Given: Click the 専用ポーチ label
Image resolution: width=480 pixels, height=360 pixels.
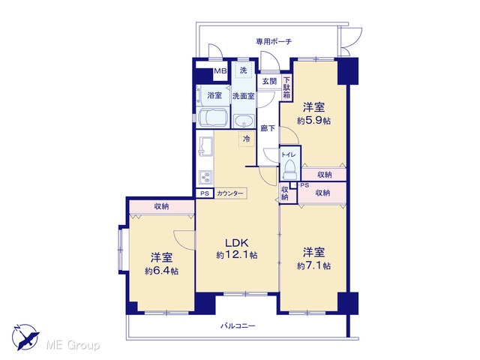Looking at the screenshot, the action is click(274, 41).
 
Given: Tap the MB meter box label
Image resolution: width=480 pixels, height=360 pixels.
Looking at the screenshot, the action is click(220, 71).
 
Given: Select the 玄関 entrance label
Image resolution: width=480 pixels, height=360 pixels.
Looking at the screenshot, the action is click(269, 81).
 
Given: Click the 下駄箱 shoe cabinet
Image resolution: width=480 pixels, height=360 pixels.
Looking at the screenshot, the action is click(286, 88).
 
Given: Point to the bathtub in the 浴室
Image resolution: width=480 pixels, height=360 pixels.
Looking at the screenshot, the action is click(213, 117).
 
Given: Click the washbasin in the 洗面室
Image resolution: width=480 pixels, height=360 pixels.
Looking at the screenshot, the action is click(244, 121).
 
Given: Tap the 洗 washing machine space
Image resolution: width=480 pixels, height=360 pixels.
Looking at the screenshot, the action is click(243, 70).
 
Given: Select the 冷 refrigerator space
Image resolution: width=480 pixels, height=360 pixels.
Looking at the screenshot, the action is click(247, 139).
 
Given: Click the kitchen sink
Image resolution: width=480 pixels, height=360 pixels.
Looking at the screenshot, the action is click(205, 145).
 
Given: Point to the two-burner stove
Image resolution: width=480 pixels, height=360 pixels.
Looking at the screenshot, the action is click(205, 177).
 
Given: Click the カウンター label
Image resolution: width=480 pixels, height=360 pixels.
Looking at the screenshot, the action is click(230, 193).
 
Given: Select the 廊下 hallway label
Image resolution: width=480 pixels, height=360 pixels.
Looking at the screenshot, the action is click(268, 128).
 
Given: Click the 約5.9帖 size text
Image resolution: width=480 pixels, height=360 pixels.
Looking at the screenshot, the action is click(313, 121).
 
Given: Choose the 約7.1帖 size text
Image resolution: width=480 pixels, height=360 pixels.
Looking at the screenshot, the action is click(313, 265).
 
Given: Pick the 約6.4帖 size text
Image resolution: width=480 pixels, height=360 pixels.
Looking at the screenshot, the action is click(162, 271).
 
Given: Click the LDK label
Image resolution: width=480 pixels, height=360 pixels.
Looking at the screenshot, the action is click(236, 243).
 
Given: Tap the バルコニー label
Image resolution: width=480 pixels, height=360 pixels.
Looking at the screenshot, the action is click(238, 325).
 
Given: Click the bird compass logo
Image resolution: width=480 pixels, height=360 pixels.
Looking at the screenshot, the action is click(25, 337).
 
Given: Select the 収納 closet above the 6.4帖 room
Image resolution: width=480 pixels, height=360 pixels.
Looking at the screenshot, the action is click(162, 207).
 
